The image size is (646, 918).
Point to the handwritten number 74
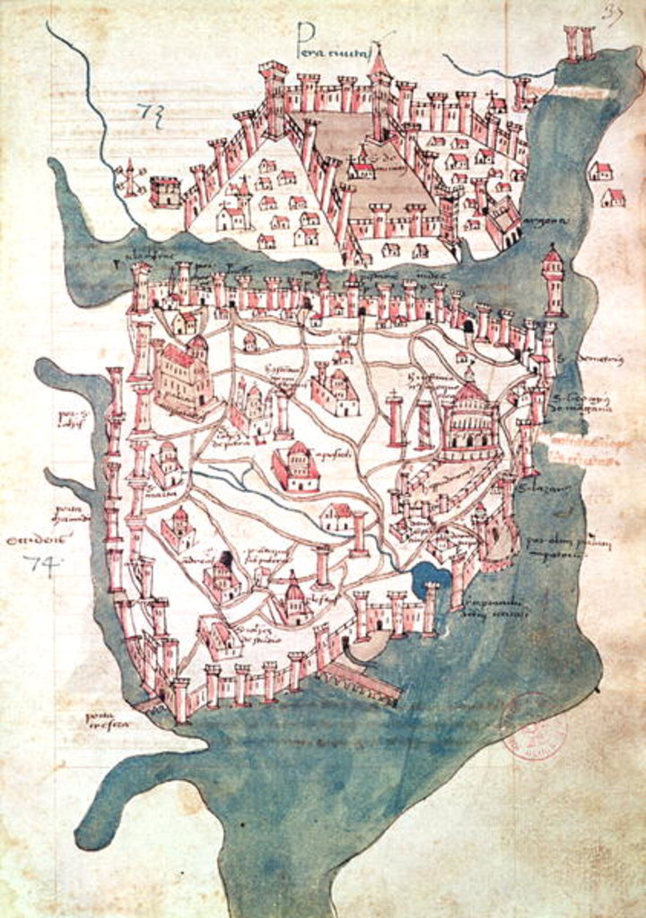39,563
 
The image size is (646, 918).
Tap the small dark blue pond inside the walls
430,582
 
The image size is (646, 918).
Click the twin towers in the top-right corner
579,42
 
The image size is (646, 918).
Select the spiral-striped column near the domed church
423,423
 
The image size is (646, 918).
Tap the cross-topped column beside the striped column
394,419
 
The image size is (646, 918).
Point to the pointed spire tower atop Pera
380,63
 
